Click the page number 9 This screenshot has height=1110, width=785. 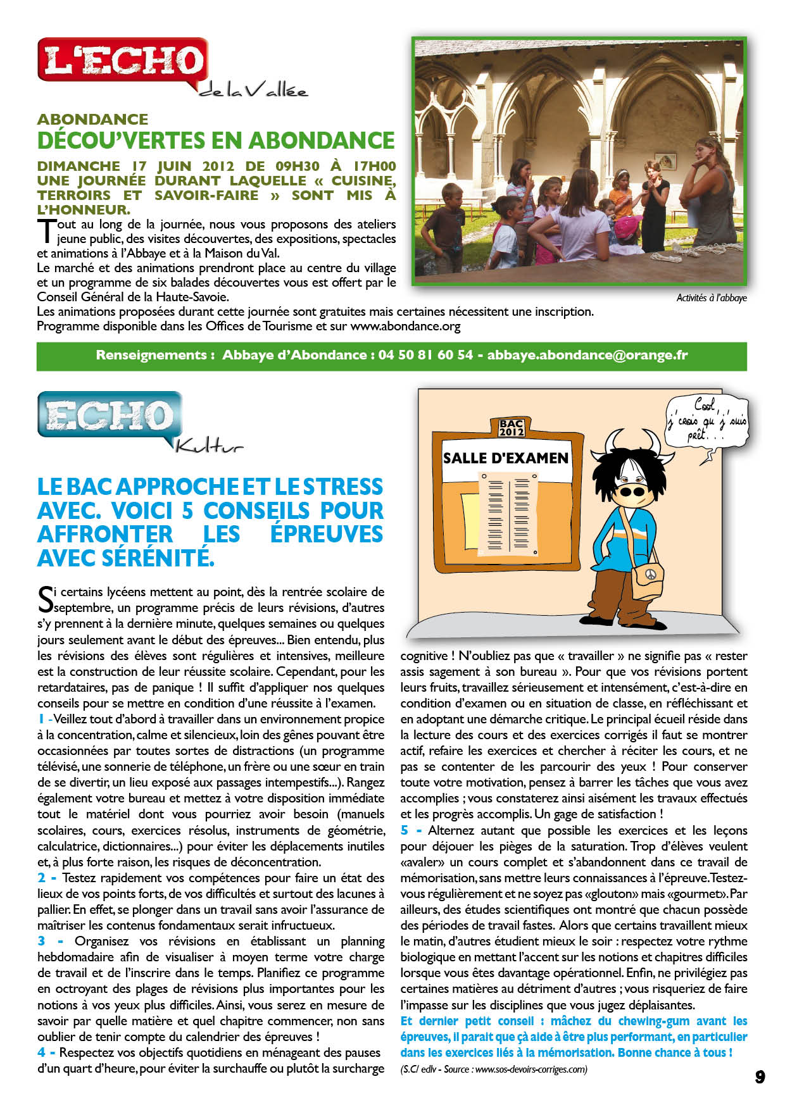(x=760, y=1076)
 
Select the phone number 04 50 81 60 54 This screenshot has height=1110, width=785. (x=425, y=355)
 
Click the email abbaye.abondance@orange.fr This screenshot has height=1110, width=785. (x=587, y=355)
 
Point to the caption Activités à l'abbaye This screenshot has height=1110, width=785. (x=711, y=297)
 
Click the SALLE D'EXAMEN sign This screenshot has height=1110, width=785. (x=505, y=458)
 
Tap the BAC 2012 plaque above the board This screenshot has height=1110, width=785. (x=511, y=428)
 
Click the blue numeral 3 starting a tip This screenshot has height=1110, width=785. (x=41, y=941)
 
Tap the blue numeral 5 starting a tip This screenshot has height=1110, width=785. (x=405, y=830)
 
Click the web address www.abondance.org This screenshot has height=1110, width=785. (x=405, y=327)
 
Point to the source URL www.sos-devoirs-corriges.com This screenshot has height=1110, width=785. (x=531, y=1069)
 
